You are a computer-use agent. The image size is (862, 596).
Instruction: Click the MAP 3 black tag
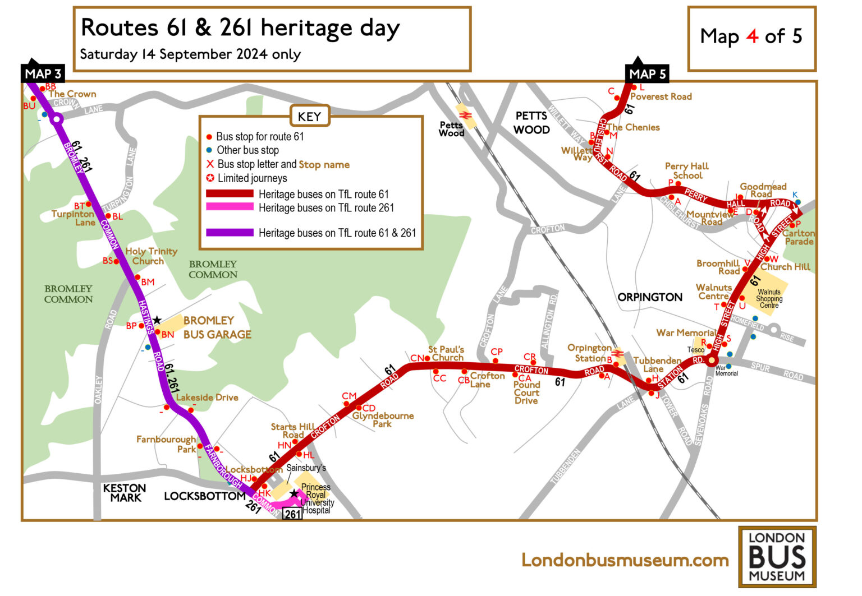(x=43, y=73)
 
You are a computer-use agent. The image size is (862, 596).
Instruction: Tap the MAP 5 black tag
(x=646, y=73)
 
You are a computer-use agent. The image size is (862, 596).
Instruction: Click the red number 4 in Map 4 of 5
(x=752, y=36)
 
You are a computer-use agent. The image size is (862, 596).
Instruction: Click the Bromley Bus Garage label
(x=217, y=327)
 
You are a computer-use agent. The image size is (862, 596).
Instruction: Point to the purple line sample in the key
(x=230, y=233)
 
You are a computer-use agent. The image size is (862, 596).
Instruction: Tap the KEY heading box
(x=309, y=117)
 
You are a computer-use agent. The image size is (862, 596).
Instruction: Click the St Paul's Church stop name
(x=447, y=353)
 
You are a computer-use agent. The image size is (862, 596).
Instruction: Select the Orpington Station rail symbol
(x=618, y=354)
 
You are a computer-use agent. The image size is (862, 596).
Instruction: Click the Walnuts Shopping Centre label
(x=768, y=298)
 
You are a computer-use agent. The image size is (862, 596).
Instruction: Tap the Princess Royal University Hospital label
(x=317, y=498)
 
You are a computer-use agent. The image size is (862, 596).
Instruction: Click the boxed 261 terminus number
(x=292, y=514)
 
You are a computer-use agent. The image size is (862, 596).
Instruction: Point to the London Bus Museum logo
(x=777, y=557)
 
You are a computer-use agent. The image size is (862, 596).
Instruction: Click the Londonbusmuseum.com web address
(x=625, y=560)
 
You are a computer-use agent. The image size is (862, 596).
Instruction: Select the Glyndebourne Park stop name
(x=383, y=419)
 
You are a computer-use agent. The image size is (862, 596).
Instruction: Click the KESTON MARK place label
(x=125, y=493)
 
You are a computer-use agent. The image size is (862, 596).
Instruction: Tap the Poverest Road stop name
(x=661, y=96)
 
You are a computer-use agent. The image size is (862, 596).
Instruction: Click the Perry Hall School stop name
(x=687, y=170)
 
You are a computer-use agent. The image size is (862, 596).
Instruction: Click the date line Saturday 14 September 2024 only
(x=190, y=54)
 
